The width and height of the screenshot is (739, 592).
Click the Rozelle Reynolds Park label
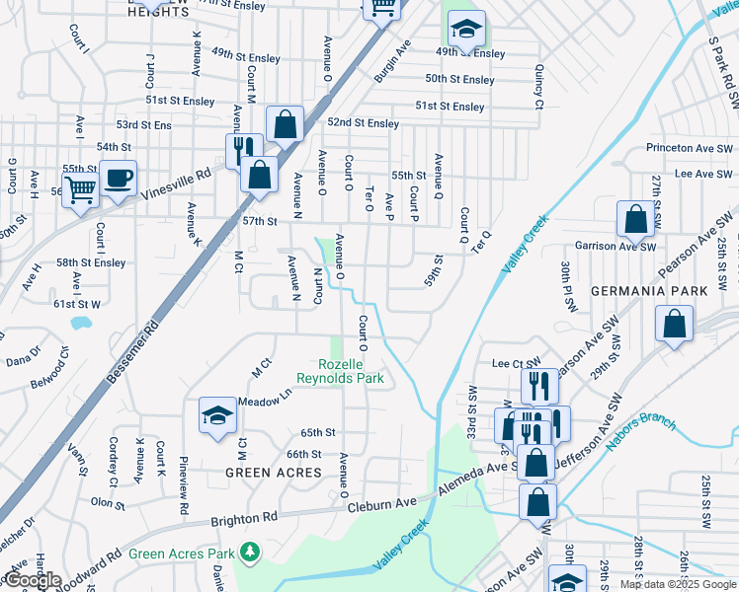(x=339, y=370)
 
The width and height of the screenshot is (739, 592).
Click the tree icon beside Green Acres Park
(x=251, y=550)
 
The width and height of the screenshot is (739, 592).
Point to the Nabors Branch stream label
(x=643, y=426)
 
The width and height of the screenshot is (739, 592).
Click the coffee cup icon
(x=119, y=179)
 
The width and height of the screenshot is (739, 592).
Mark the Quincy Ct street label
(x=539, y=87)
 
